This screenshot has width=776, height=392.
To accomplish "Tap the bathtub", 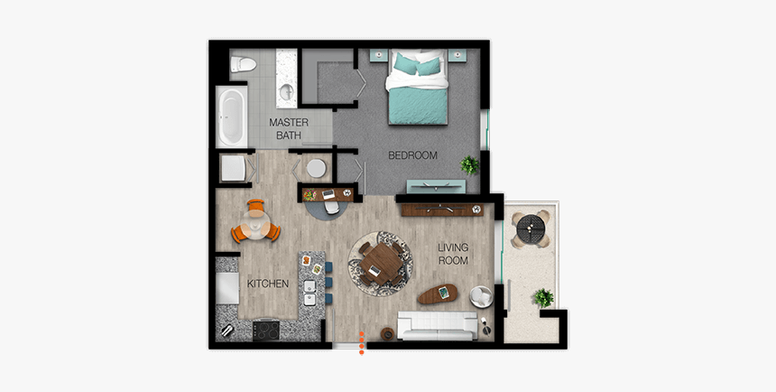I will [x=231, y=117].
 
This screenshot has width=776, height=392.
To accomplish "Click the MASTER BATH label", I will [x=290, y=129].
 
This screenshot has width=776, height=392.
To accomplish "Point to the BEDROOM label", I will [x=412, y=155].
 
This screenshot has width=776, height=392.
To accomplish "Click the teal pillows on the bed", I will [x=417, y=64].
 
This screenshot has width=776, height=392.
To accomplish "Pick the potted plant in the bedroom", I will [x=470, y=165].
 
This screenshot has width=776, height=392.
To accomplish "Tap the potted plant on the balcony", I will [x=542, y=297].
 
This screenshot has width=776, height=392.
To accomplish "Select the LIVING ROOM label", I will [x=454, y=254].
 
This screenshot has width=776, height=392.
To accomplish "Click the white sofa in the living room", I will [x=438, y=322].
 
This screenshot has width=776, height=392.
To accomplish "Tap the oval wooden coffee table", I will [x=439, y=293].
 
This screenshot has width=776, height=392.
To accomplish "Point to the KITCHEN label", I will [x=268, y=284].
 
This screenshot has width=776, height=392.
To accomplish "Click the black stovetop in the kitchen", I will [x=267, y=330].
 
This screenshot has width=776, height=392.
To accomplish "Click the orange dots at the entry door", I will [x=362, y=341].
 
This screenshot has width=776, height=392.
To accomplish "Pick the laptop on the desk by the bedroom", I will [x=328, y=193].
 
